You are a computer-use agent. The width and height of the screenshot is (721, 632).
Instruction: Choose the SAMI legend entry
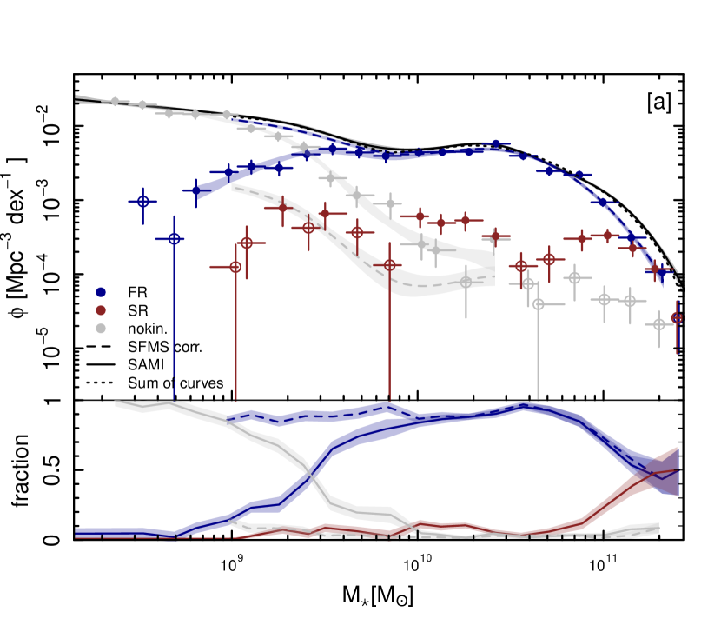(138, 363)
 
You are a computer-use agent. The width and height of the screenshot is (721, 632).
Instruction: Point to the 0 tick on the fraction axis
(57, 541)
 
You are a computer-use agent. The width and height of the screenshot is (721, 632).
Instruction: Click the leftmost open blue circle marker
(145, 201)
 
